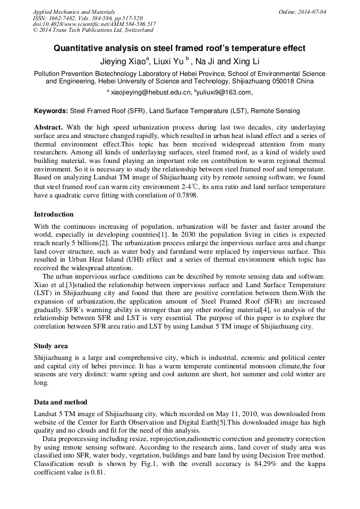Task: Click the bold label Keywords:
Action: pos(51,111)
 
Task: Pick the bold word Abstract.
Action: pos(48,128)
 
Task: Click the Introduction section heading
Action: pos(54,214)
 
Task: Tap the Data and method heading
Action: pos(61,402)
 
